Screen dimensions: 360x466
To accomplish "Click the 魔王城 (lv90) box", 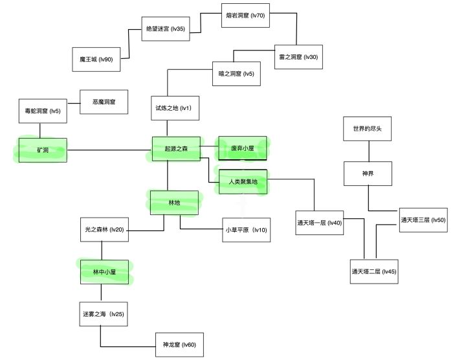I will pyautogui.click(x=96, y=59).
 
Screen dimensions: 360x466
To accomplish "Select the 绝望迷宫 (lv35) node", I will pyautogui.click(x=166, y=29).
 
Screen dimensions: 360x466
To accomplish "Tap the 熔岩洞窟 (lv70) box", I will pyautogui.click(x=245, y=16).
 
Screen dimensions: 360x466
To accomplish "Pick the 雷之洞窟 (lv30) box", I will pyautogui.click(x=298, y=56).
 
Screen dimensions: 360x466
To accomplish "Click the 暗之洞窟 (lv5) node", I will pyautogui.click(x=236, y=74).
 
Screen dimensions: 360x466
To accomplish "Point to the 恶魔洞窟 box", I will pyautogui.click(x=104, y=102).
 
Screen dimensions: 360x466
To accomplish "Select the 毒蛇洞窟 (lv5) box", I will pyautogui.click(x=42, y=111).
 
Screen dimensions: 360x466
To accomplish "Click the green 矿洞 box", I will pyautogui.click(x=42, y=150).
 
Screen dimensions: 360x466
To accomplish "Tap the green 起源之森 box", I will pyautogui.click(x=175, y=150).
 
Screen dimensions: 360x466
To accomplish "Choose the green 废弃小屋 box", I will pyautogui.click(x=243, y=148).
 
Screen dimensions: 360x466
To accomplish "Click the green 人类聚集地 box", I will pyautogui.click(x=243, y=182).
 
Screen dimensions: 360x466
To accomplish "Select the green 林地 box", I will pyautogui.click(x=174, y=203).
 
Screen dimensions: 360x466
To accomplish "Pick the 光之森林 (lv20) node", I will pyautogui.click(x=104, y=230).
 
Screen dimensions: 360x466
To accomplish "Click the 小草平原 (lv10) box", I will pyautogui.click(x=246, y=230).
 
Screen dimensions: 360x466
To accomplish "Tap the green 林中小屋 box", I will pyautogui.click(x=104, y=273).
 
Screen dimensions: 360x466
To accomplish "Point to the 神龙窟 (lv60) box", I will pyautogui.click(x=179, y=344).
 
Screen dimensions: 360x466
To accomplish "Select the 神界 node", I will pyautogui.click(x=368, y=174).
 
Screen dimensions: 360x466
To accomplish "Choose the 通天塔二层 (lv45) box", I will pyautogui.click(x=373, y=271).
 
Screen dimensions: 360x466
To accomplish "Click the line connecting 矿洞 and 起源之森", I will pyautogui.click(x=109, y=150).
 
